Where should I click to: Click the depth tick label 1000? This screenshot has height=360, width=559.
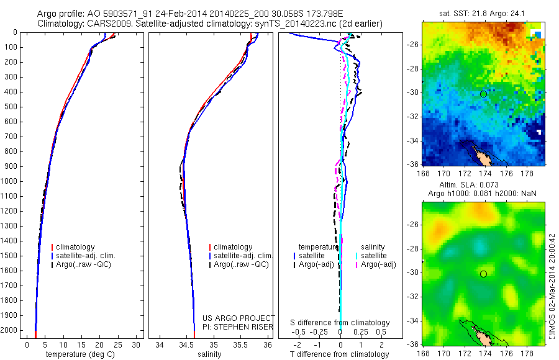click(11, 181)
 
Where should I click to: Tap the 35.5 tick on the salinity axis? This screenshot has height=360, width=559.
click(240, 344)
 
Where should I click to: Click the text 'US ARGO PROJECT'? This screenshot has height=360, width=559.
click(238, 318)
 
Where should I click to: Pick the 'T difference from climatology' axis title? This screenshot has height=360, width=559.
click(340, 354)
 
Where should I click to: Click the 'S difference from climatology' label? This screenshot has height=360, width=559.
click(340, 323)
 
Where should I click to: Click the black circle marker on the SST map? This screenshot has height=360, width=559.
click(483, 94)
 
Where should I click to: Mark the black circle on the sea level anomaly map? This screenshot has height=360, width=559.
click(483, 274)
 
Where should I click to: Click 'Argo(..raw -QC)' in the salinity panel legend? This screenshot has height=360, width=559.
click(241, 264)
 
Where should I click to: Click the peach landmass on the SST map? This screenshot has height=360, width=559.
click(478, 153)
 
